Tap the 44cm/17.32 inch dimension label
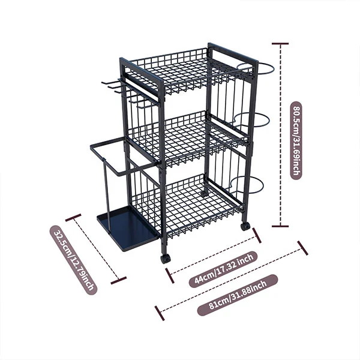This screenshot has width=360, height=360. click(223, 269)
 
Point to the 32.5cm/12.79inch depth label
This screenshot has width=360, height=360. click(74, 260)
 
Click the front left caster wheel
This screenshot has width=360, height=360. click(166, 259)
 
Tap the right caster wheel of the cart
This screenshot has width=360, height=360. click(245, 227)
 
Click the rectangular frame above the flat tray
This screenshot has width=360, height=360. click(120, 156)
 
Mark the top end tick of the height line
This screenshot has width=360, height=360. click(280, 43)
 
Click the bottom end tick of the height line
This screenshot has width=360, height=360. click(280, 226)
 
